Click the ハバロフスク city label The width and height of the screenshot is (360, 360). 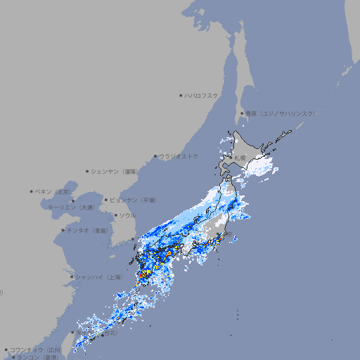(202, 95)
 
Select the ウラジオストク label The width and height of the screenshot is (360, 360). (179, 156)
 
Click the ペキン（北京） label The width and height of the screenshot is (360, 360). (54, 191)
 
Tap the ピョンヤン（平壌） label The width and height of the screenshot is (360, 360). (133, 200)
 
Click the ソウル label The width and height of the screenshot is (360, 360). (127, 215)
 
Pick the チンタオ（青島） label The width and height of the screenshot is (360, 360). (88, 231)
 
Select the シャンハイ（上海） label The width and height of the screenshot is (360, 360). (99, 277)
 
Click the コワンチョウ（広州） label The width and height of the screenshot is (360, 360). (36, 349)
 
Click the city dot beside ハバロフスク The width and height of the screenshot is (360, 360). (181, 95)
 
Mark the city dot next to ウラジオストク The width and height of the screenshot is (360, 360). (155, 156)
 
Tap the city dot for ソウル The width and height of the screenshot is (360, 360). (115, 215)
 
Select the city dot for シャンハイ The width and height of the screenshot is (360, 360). (72, 277)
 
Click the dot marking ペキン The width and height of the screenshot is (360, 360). (32, 191)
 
